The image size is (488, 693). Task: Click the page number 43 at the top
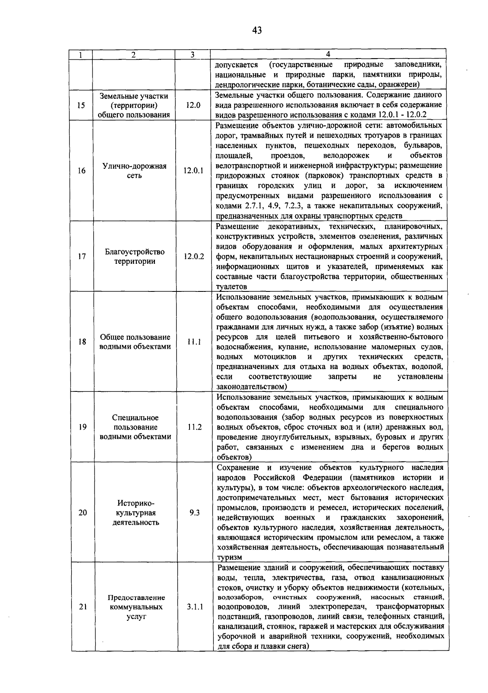pos(257,30)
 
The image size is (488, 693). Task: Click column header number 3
pos(192,54)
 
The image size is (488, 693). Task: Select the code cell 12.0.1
pos(193,171)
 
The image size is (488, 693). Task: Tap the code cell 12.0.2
pos(194,256)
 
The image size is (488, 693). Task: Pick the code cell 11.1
pos(194,342)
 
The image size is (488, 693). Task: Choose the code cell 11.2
pos(194,427)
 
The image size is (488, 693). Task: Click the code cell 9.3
pos(194,513)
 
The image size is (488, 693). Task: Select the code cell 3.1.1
pos(195,607)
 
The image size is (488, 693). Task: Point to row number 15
pos(81,105)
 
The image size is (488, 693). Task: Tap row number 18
pos(82,342)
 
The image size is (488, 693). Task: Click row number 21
pos(83,607)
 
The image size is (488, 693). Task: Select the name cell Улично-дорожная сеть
pos(135,171)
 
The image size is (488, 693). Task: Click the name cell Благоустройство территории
pos(135,256)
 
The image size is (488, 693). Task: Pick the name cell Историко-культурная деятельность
pos(136,513)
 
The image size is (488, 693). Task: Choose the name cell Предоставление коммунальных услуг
pos(136,607)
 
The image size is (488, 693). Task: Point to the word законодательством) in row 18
pos(252,387)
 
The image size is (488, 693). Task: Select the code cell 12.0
pos(193,105)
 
